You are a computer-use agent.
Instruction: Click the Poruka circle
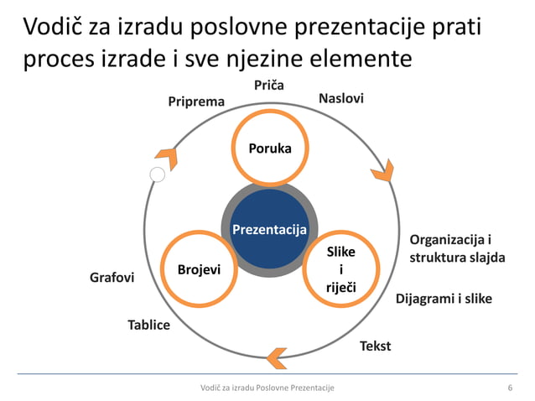[269, 148]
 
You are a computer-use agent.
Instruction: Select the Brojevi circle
[199, 269]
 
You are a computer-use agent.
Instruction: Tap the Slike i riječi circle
[340, 269]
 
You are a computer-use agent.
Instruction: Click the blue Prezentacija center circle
[269, 229]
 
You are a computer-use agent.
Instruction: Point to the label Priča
[269, 85]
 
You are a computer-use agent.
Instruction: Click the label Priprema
[196, 102]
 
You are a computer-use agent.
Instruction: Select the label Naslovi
[341, 99]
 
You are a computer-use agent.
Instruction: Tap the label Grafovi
[112, 276]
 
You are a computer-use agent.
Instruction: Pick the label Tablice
[148, 324]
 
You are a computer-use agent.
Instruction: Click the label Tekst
[375, 345]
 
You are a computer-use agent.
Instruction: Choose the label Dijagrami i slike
[444, 299]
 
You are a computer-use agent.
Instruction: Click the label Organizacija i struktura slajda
[457, 248]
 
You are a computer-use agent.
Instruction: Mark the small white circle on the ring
[157, 174]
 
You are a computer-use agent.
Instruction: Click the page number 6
[510, 387]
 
